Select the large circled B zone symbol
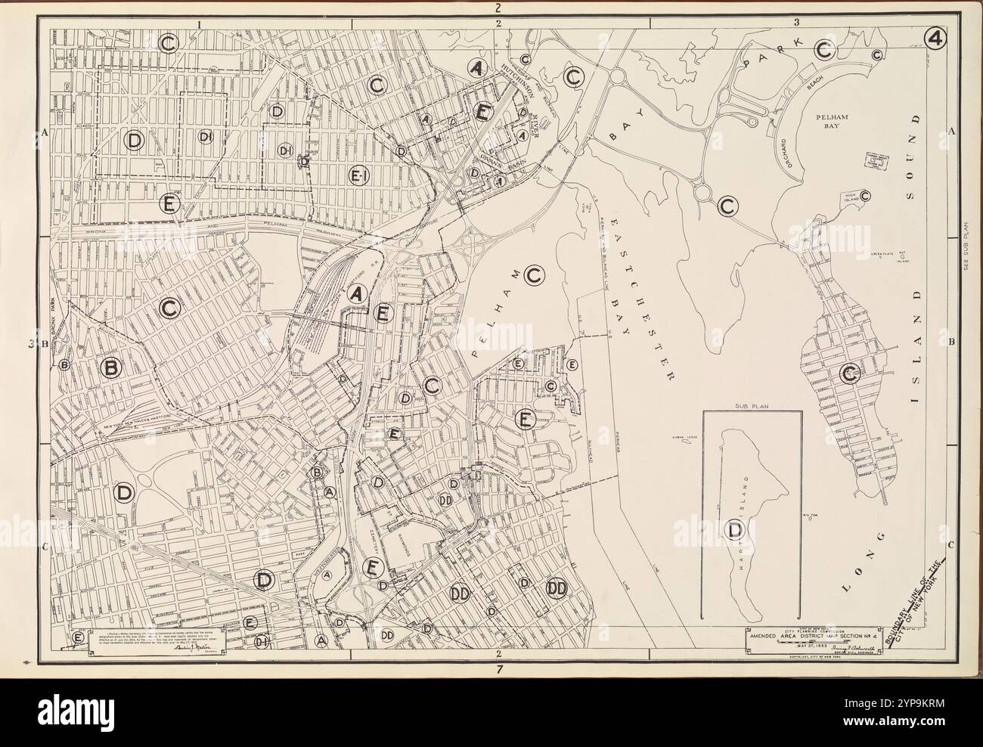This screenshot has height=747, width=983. pyautogui.click(x=111, y=367)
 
